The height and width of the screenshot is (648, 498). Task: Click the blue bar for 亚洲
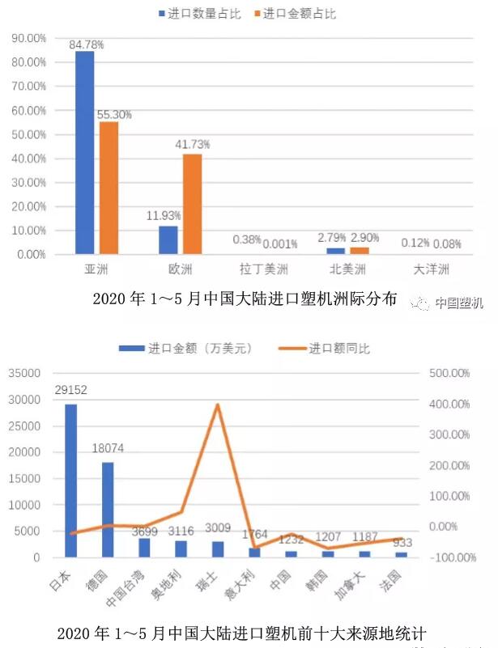click(84, 153)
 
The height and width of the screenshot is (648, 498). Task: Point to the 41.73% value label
click(193, 145)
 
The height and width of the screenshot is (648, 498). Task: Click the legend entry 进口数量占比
click(193, 14)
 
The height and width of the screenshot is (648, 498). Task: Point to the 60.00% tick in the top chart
click(29, 110)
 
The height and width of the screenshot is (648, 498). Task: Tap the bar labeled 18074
click(108, 510)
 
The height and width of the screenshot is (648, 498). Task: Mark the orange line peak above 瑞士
click(218, 404)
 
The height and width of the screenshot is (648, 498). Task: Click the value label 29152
click(71, 390)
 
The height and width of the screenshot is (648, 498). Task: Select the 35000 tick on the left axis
click(24, 373)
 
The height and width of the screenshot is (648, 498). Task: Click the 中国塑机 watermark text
click(458, 303)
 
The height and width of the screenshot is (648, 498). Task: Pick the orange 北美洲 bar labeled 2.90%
click(359, 251)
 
